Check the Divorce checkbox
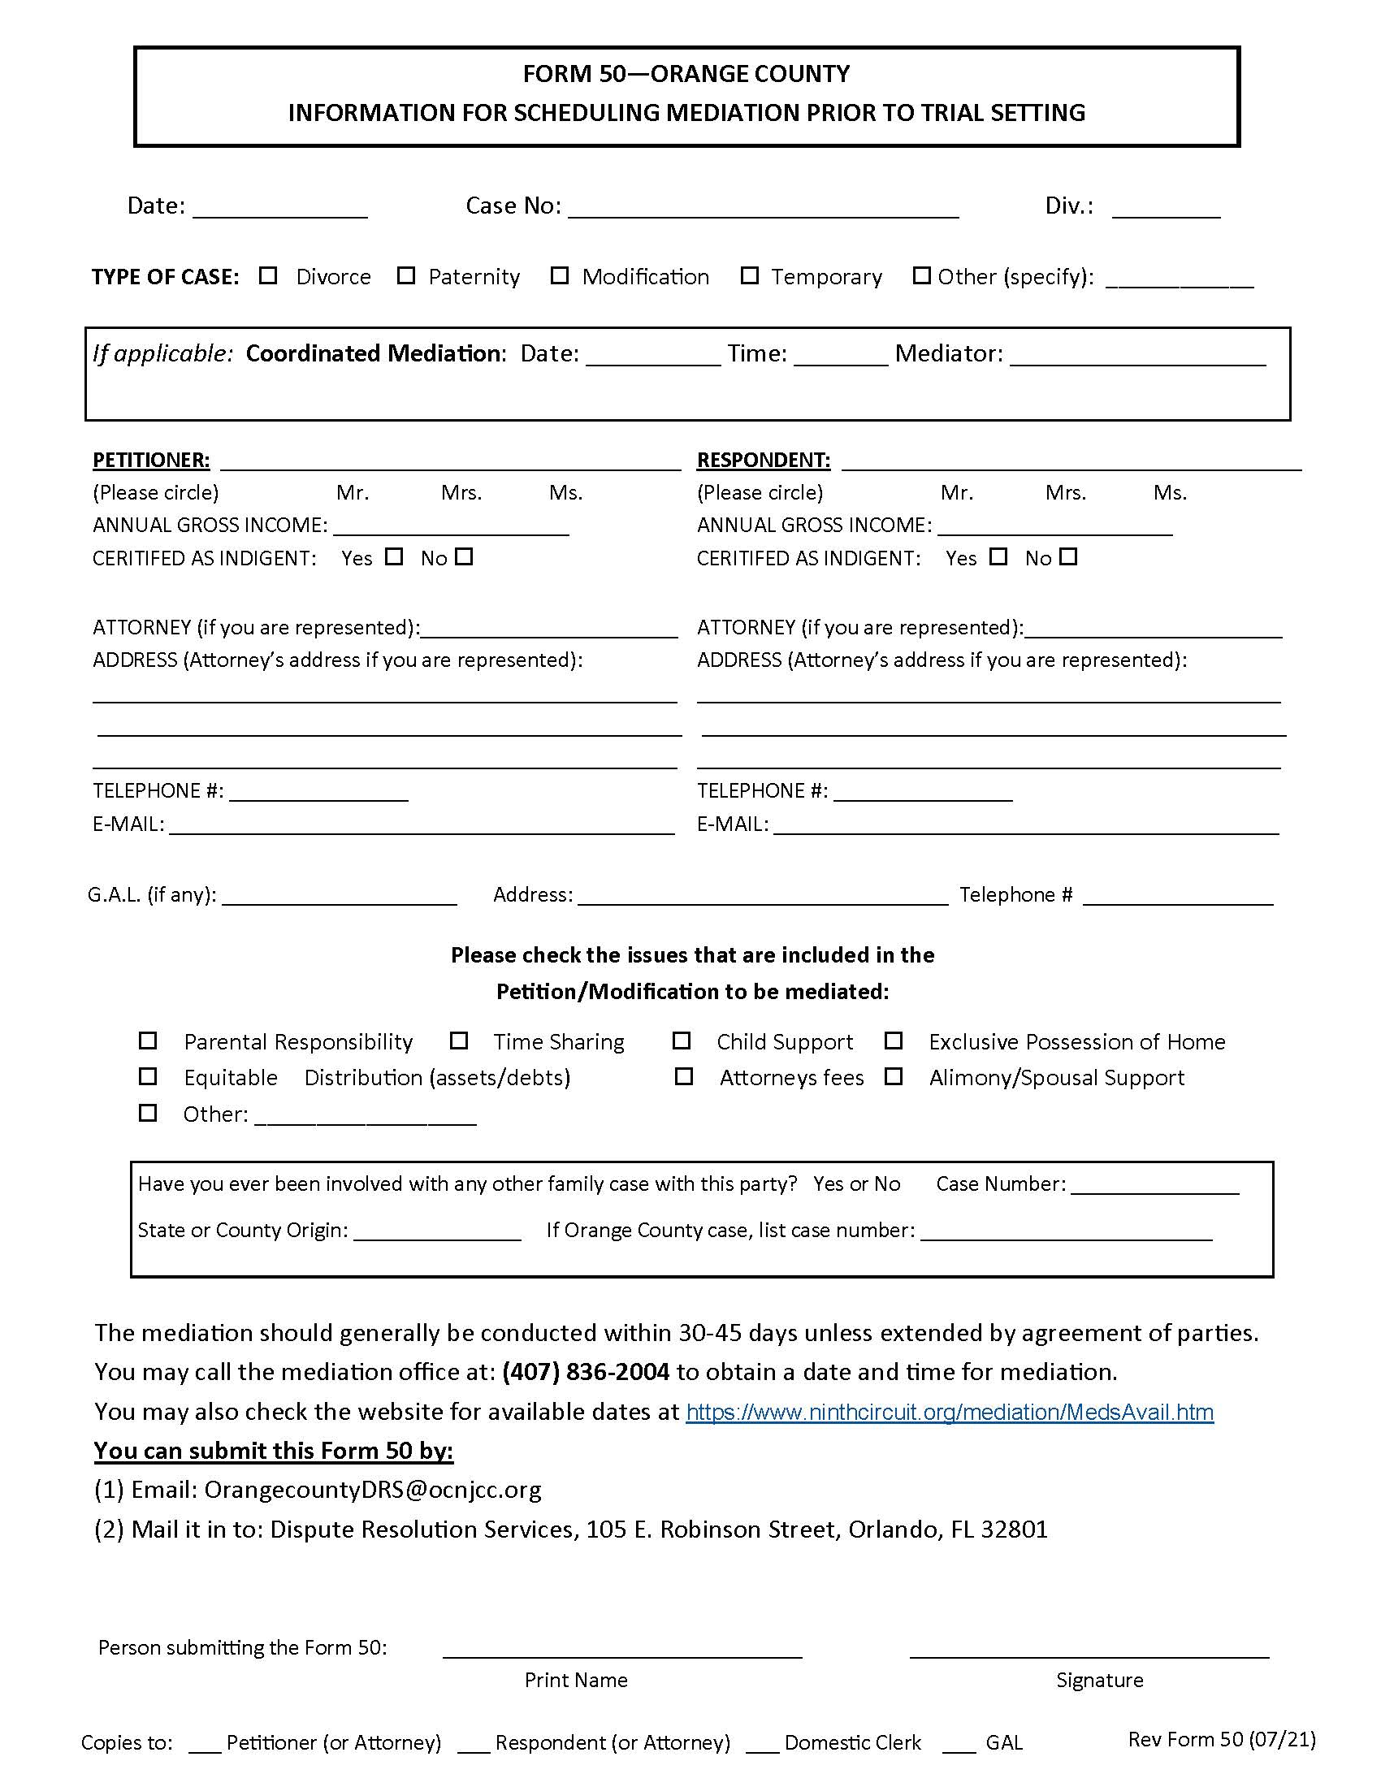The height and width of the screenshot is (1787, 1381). pos(268,275)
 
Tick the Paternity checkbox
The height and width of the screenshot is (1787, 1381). pos(406,275)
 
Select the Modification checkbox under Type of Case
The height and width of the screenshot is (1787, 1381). pos(560,275)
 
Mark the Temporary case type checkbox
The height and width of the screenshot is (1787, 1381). pos(750,275)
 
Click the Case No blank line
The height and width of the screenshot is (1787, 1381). pos(763,208)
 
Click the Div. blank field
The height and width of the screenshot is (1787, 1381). pos(1166,208)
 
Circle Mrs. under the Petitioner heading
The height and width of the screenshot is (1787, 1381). pos(461,492)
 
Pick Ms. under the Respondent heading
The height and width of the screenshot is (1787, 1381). pos(1170,492)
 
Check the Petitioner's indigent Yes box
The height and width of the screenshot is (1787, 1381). pos(394,557)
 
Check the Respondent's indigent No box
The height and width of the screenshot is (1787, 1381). pos(1068,557)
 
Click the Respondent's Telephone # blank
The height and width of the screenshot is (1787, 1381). pos(923,791)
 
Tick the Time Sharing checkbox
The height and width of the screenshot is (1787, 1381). pos(459,1041)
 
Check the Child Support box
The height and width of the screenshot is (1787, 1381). pos(682,1041)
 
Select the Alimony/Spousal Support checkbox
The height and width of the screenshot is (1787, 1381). pos(894,1077)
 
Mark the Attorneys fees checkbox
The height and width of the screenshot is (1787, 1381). pos(683,1077)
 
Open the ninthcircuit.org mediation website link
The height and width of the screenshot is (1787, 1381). pos(949,1413)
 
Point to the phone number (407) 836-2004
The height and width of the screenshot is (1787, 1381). pos(586,1372)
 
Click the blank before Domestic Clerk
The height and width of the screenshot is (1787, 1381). pos(763,1744)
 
